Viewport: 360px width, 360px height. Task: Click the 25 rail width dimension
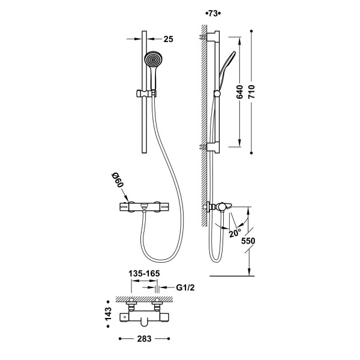click(168, 39)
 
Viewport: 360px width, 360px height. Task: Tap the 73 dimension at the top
click(213, 14)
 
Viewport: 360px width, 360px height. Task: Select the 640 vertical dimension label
click(239, 92)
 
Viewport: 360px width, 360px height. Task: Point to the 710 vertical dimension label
click(251, 92)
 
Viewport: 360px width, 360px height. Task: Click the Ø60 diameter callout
click(118, 180)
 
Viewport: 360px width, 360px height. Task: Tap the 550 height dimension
click(248, 241)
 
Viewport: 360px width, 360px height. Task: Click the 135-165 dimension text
click(144, 274)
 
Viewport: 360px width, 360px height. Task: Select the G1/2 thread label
click(185, 287)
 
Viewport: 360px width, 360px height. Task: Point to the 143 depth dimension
click(107, 314)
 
